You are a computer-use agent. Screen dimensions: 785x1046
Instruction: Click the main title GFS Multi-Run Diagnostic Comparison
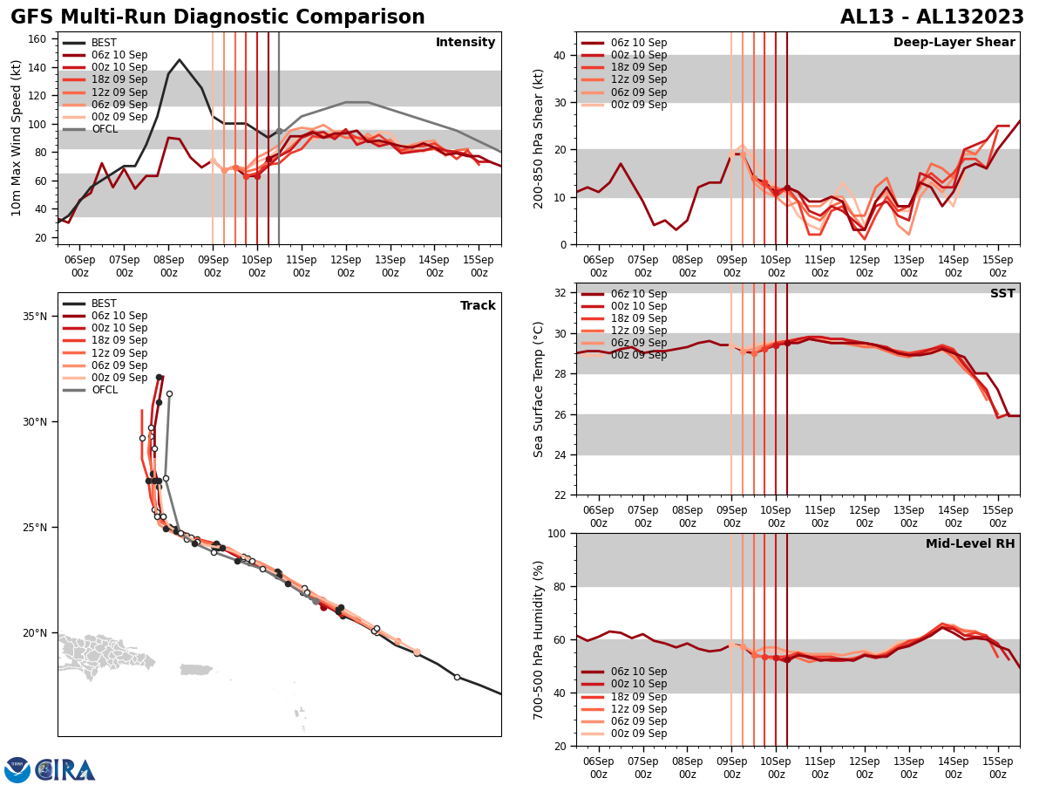[x=218, y=17]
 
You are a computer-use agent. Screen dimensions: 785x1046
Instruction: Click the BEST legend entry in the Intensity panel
[x=104, y=43]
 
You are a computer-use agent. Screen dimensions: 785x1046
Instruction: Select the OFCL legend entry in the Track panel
[x=104, y=390]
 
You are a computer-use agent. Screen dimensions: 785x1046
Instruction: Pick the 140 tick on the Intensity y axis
[x=40, y=67]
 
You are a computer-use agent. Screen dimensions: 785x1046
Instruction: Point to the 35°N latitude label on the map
[x=35, y=316]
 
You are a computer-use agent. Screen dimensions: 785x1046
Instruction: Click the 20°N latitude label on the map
[x=35, y=633]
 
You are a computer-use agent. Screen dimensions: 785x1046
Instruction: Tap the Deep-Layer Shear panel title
[x=954, y=43]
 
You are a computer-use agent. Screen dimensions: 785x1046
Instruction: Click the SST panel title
[x=1002, y=294]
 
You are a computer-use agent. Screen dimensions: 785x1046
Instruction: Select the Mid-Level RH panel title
[x=970, y=544]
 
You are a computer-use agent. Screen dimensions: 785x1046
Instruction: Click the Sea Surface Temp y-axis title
[x=540, y=389]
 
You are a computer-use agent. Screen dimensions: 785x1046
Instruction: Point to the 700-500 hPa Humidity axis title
[x=540, y=639]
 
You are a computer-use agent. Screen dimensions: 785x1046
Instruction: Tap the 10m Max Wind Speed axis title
[x=17, y=138]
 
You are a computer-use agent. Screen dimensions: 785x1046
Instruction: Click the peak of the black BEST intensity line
[x=180, y=60]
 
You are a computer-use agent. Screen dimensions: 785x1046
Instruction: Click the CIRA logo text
[x=65, y=769]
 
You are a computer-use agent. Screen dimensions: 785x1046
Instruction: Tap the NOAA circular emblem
[x=17, y=769]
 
